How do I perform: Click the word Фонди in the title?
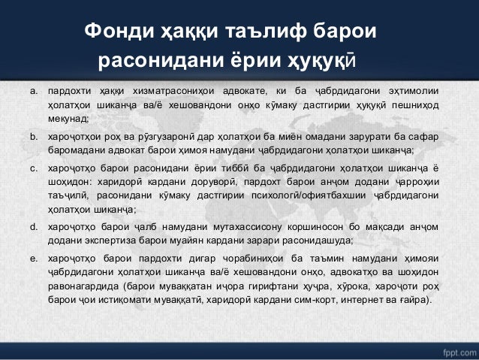(122, 33)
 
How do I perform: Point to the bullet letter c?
(33, 169)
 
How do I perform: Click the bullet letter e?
(33, 258)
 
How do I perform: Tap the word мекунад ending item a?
(68, 119)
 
